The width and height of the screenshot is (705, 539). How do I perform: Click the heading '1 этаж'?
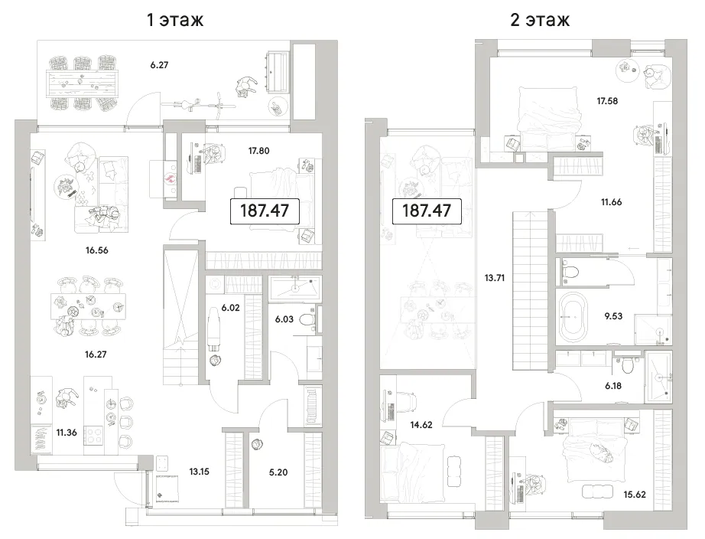(x=175, y=19)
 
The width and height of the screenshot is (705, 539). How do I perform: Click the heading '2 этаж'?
(x=540, y=19)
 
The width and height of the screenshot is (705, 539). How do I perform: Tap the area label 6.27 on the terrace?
(x=159, y=65)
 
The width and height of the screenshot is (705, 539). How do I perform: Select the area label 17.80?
(x=259, y=151)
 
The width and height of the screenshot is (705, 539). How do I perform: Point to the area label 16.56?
(x=96, y=250)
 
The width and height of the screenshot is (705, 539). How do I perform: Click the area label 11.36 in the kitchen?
(x=67, y=433)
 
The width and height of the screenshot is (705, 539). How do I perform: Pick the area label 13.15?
(x=199, y=472)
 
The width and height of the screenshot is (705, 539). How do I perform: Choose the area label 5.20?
(x=278, y=472)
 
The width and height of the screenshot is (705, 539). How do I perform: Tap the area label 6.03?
(x=284, y=319)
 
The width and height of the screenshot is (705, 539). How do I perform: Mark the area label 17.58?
(x=607, y=101)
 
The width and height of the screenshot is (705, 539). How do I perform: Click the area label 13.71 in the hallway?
(x=495, y=278)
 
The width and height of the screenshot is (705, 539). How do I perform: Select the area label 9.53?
(x=613, y=316)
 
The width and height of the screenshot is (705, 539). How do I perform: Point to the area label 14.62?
(x=421, y=425)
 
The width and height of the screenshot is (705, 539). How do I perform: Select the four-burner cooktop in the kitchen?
(x=93, y=435)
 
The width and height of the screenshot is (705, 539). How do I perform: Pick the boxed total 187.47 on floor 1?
(x=265, y=211)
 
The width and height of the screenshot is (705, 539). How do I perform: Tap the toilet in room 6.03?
(x=307, y=320)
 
